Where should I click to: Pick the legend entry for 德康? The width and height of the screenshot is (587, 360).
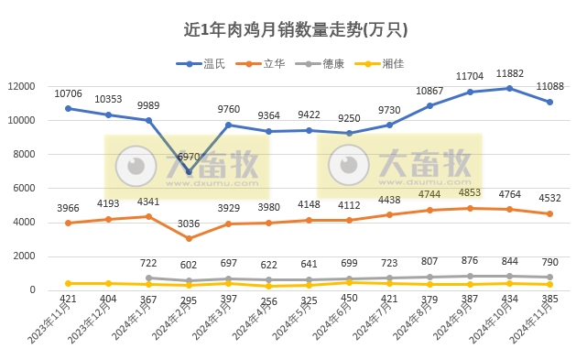point(327,63)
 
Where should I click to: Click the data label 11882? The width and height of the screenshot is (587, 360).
point(509,73)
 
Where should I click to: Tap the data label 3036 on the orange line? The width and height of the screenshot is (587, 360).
point(189,224)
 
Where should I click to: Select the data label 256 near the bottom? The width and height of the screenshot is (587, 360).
point(268,300)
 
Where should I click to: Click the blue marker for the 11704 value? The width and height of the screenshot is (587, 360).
point(469,92)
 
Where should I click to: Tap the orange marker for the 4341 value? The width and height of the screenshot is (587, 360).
point(148,216)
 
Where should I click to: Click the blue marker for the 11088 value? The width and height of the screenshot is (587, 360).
point(549,103)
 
